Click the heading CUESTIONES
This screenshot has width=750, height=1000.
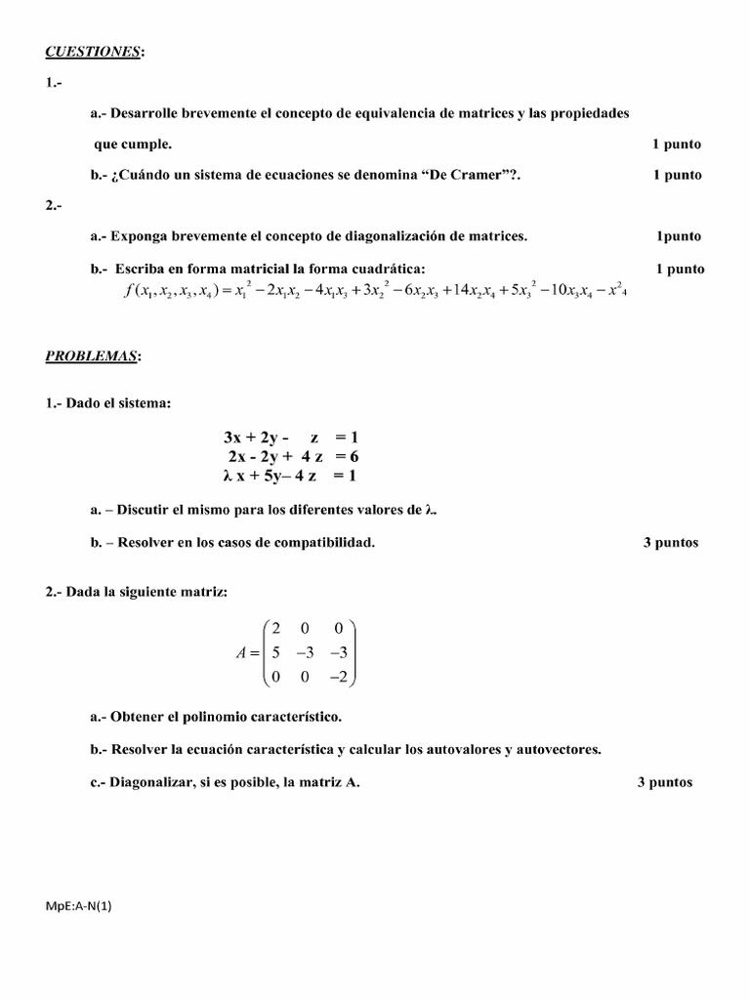pos(93,51)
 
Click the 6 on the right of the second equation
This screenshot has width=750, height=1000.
pos(354,456)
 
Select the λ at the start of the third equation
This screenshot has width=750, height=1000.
pos(228,476)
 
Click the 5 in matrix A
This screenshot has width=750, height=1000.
pos(276,651)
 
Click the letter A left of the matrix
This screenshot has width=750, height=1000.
pos(241,652)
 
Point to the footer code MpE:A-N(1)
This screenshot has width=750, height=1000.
pos(79,905)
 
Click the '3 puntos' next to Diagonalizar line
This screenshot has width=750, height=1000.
pos(664,782)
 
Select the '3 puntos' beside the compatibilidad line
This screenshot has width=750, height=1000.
pos(670,543)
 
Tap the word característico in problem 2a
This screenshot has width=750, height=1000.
pos(292,718)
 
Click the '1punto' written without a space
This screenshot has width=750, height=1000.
pos(678,235)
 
